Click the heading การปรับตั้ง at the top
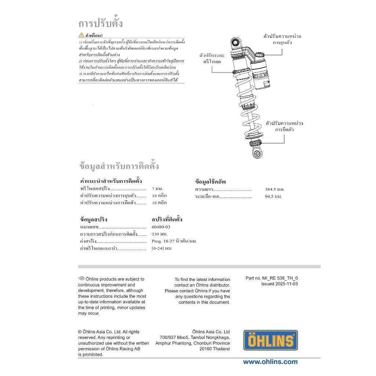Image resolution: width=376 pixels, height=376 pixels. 101,23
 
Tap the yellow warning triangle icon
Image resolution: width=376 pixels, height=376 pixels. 82,35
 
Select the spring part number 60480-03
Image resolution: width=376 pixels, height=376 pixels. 161,227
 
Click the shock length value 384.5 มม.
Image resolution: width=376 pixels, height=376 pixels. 275,189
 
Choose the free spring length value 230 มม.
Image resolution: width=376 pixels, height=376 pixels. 159,234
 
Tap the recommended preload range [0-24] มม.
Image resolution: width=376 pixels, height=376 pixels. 162,248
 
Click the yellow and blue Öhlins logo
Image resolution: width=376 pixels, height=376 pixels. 270,340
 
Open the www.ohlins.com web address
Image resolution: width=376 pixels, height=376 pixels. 270,362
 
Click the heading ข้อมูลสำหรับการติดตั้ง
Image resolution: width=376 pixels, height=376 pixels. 119,166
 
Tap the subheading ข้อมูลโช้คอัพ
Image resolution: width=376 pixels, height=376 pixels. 210,182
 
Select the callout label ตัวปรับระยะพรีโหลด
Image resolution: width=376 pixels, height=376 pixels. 212,58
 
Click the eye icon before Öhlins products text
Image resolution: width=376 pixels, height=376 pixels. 82,278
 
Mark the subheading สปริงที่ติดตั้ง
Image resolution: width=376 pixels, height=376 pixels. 167,220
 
